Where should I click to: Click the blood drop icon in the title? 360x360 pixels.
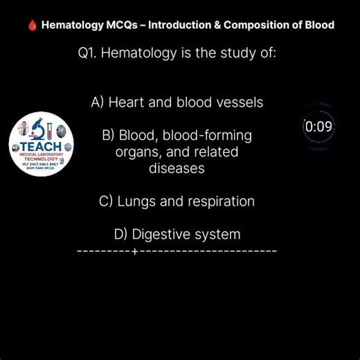click(x=31, y=25)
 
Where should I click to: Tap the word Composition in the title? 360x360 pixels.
click(x=264, y=25)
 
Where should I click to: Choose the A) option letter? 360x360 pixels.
click(x=98, y=102)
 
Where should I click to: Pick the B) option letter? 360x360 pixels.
click(x=108, y=136)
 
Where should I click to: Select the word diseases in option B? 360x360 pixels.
click(x=177, y=168)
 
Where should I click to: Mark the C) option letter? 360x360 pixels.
click(x=107, y=201)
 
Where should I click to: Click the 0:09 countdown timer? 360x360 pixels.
click(x=318, y=127)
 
